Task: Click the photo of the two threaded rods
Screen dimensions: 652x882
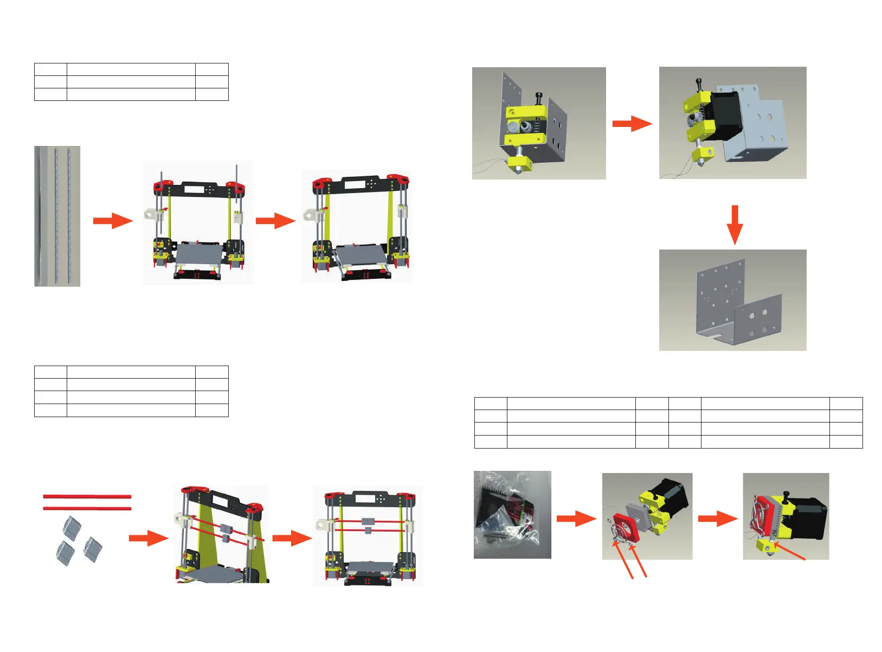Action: (57, 216)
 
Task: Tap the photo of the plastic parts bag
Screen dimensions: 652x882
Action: (512, 514)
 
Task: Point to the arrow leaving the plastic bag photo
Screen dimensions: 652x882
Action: (576, 518)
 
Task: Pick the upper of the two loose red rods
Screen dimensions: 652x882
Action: (87, 496)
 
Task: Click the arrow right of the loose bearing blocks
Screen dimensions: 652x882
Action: (149, 538)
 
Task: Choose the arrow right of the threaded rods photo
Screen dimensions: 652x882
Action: (113, 221)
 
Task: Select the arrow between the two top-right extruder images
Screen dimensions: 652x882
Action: (632, 124)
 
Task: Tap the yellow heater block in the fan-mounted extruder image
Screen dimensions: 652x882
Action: (766, 546)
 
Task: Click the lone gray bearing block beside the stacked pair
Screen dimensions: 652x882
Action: (92, 549)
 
